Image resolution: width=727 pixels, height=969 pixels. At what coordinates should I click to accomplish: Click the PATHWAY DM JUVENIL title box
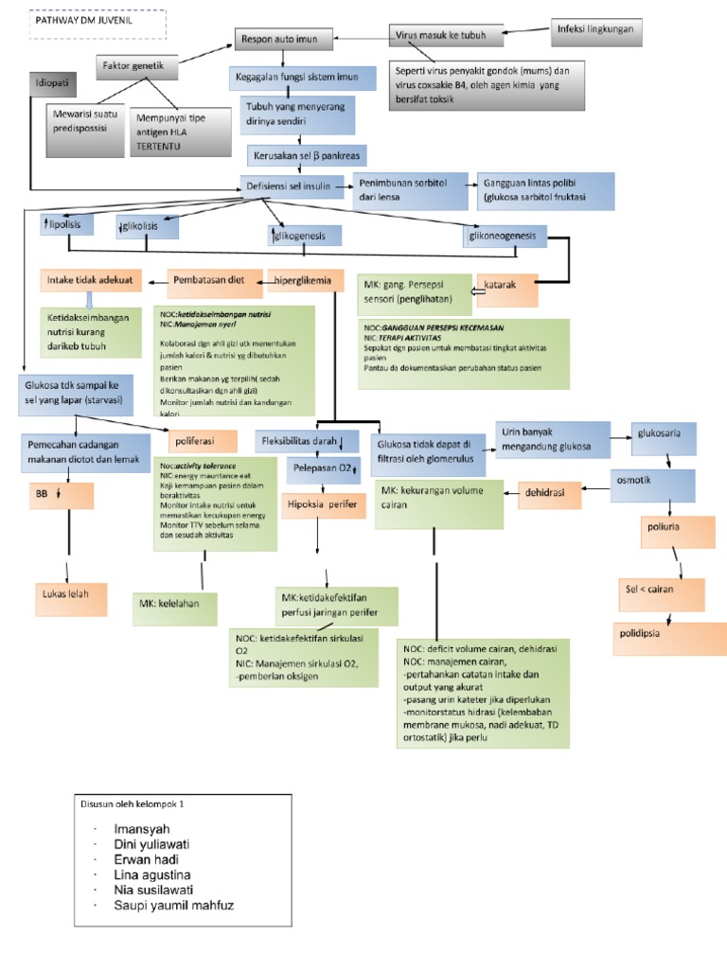click(97, 25)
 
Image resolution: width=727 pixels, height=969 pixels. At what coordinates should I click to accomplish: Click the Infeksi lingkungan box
click(595, 31)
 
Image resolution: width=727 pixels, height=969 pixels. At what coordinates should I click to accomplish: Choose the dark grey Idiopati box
click(54, 83)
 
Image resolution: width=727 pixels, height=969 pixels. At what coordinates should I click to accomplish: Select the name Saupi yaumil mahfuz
click(173, 905)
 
